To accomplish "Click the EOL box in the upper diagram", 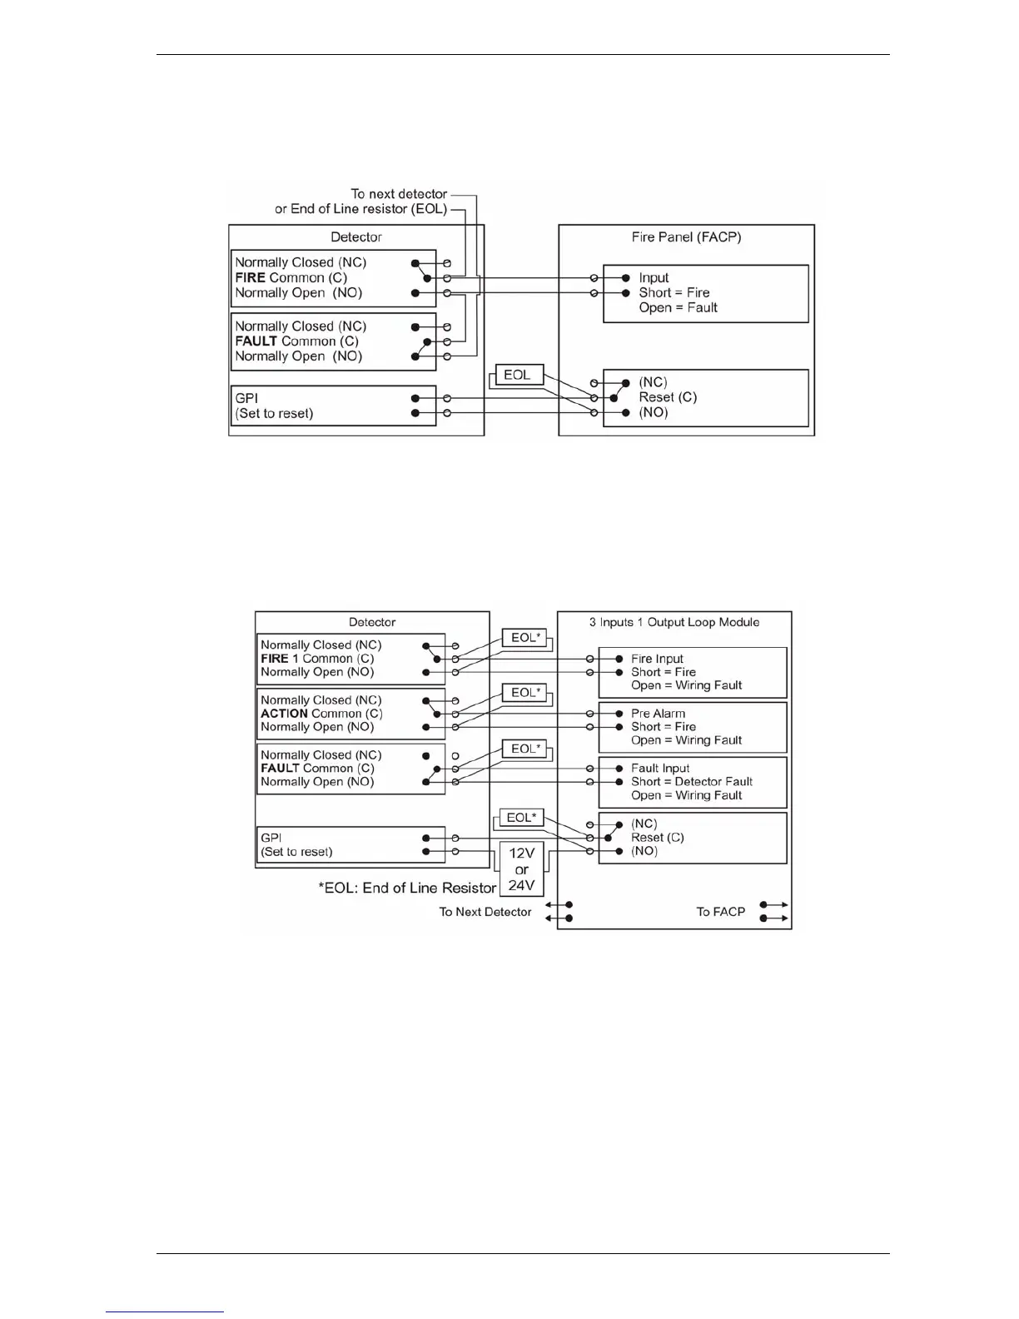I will click(518, 375).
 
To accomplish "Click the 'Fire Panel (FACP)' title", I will click(686, 237).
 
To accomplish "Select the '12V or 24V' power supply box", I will click(521, 869).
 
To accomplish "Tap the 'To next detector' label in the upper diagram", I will click(399, 194).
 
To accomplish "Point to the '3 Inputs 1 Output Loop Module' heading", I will click(674, 622).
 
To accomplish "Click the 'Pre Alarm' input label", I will click(658, 714).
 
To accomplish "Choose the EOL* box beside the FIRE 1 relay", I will click(524, 638).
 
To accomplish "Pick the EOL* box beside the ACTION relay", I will click(524, 693).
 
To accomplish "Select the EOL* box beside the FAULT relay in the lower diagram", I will click(524, 749).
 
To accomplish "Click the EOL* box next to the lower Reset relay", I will click(521, 818).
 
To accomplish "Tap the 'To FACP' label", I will click(720, 912).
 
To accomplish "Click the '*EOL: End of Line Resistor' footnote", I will click(407, 888).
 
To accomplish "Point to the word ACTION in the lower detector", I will click(284, 714).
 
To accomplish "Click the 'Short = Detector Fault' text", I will click(691, 782).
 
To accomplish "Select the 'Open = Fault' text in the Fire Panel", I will click(678, 308).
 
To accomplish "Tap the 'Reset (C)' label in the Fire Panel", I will click(668, 397).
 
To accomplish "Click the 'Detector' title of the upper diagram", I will click(356, 237).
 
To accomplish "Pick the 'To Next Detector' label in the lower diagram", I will click(485, 912).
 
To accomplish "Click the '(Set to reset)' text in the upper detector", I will click(274, 414).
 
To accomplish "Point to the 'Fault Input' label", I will click(660, 769).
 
